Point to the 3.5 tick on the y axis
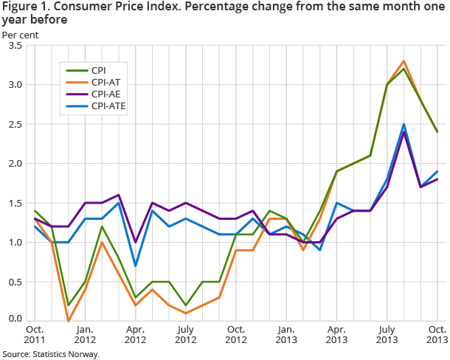pos(15,46)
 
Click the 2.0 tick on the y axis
pos(15,164)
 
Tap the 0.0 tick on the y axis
pos(15,319)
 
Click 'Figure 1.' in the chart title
pos(24,7)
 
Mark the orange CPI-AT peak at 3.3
pos(404,61)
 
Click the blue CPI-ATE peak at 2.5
pos(404,124)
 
